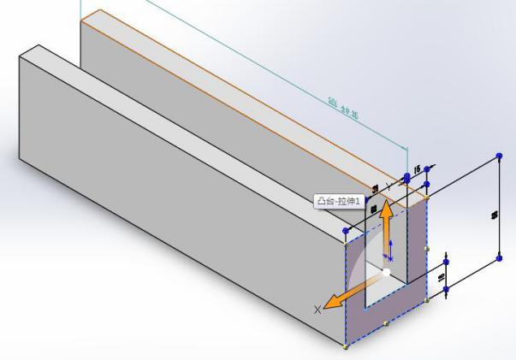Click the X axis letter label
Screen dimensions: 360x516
319,309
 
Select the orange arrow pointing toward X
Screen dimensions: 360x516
351,292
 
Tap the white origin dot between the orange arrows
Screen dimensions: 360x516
387,272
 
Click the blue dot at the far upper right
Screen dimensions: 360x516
500,156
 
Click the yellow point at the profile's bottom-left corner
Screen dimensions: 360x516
346,345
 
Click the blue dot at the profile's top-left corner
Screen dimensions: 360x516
346,232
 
